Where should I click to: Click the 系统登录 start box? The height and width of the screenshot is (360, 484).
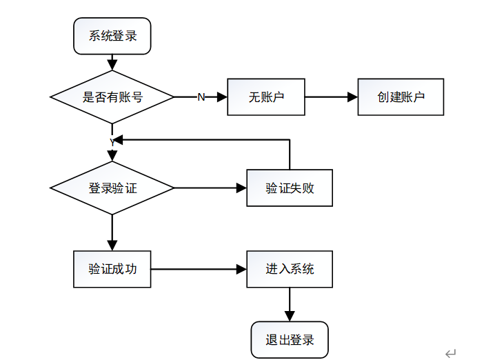coord(112,36)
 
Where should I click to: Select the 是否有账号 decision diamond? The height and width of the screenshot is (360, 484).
coord(112,97)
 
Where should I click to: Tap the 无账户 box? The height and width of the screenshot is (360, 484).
coord(266,97)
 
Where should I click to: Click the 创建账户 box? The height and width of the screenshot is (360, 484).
coord(400,97)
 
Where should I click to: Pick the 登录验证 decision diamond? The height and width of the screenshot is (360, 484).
coord(112,188)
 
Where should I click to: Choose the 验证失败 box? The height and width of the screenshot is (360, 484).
coord(290,188)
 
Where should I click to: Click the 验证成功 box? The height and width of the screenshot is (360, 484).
coord(112,269)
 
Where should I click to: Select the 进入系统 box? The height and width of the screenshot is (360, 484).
coord(290,269)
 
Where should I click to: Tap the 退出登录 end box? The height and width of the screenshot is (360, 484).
coord(290,339)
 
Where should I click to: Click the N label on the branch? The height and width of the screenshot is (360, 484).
coord(201,97)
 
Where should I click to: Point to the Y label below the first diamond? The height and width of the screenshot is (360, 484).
coord(112,142)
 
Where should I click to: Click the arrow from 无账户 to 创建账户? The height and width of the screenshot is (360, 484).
coord(331,97)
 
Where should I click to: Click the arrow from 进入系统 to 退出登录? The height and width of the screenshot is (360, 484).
coord(290,304)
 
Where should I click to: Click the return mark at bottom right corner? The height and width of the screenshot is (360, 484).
coord(451,353)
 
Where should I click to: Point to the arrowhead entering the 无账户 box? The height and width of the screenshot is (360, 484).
coord(222,97)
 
